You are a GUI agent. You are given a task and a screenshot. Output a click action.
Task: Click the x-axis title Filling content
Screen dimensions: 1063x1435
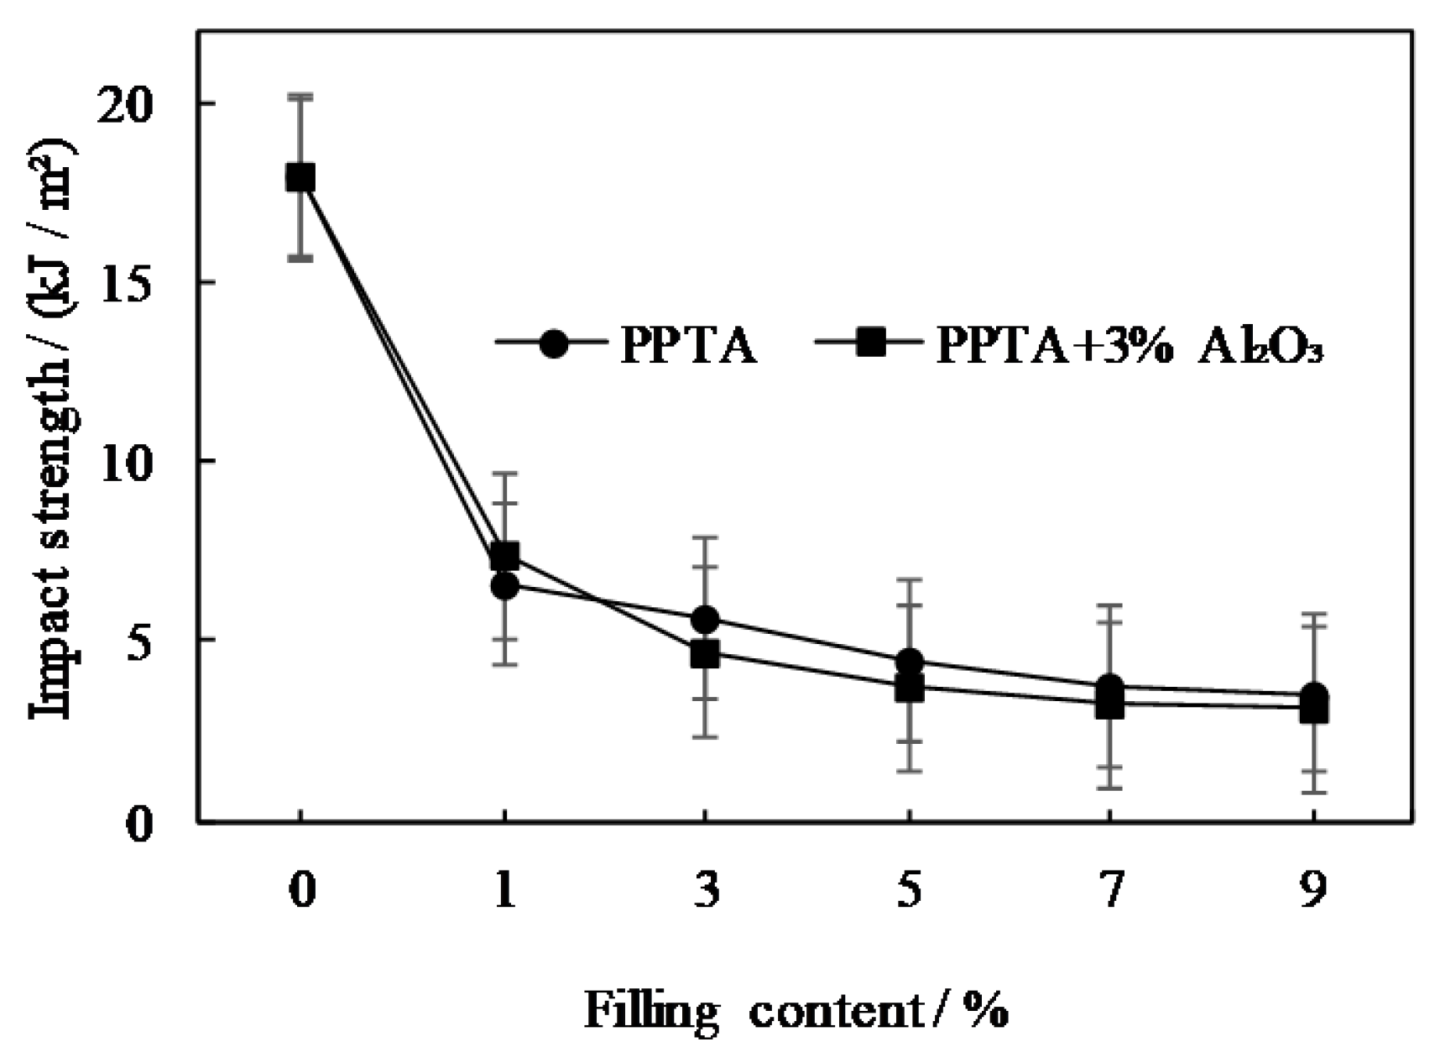796,1010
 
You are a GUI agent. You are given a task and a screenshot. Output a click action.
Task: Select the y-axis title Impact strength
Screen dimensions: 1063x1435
52,428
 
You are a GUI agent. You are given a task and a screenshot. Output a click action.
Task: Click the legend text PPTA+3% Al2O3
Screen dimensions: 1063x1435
1129,344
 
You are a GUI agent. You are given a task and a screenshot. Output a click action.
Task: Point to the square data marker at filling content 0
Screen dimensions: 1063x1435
300,178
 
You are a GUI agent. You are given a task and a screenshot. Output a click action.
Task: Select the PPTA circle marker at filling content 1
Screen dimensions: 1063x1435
504,586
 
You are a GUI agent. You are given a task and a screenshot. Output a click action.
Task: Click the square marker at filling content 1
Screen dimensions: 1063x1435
504,555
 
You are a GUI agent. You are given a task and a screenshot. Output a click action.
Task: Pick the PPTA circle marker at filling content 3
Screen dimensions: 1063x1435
705,620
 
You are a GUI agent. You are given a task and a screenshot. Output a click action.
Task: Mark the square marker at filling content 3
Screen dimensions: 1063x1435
705,653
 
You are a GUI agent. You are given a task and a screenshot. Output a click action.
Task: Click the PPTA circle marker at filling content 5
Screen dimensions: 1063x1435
909,662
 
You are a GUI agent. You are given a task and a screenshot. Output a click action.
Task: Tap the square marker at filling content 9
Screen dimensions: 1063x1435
1313,710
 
